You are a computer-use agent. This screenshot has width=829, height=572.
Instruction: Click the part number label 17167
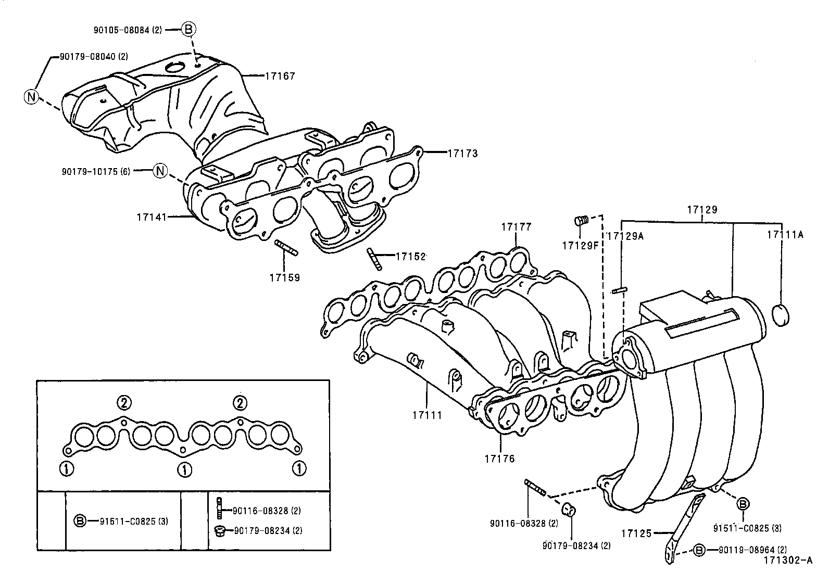(280, 76)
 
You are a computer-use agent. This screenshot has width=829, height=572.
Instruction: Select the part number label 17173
(462, 154)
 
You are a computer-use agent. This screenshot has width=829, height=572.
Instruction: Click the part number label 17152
(410, 256)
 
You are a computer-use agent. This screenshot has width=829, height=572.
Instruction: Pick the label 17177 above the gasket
(516, 227)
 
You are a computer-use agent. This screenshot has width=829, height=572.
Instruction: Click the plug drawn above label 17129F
(581, 221)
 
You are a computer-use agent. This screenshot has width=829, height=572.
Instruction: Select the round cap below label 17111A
(780, 315)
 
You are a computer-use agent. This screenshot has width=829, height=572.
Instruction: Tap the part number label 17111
(427, 415)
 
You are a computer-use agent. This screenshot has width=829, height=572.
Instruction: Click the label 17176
(499, 459)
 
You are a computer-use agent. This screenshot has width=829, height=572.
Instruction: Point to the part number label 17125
(636, 533)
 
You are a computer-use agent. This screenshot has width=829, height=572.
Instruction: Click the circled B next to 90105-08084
(189, 30)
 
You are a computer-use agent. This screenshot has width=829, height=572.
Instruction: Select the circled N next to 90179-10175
(160, 170)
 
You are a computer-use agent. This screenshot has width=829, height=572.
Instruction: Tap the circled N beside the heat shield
(31, 97)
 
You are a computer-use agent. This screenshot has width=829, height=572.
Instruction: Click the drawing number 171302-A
(788, 560)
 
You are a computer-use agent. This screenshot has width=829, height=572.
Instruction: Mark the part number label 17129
(701, 210)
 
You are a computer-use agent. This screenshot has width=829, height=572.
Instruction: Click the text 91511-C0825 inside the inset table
(128, 520)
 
